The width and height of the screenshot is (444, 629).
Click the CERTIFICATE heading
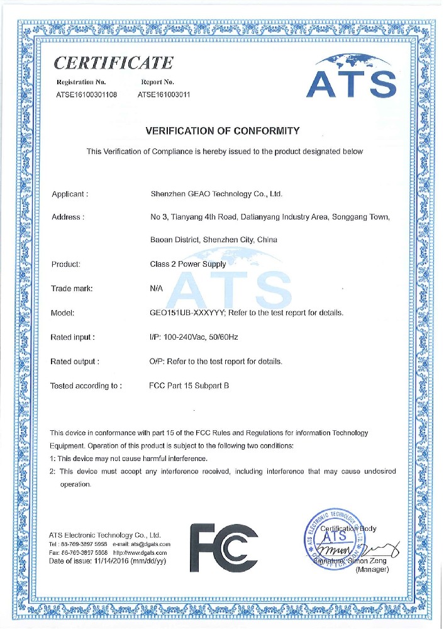114,63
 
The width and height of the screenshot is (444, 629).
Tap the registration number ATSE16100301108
87,95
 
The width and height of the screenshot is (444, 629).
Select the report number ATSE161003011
164,95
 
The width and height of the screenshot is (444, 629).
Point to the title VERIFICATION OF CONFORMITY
222,131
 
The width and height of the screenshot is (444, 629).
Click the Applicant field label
69,194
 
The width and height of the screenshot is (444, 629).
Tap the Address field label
67,217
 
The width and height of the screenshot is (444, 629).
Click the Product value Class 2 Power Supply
188,265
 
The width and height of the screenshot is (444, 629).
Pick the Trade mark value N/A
158,289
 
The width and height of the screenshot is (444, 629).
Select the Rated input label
72,337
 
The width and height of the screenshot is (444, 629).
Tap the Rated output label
74,362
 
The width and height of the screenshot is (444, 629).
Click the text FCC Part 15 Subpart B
189,386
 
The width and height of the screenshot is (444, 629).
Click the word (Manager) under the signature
373,569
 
